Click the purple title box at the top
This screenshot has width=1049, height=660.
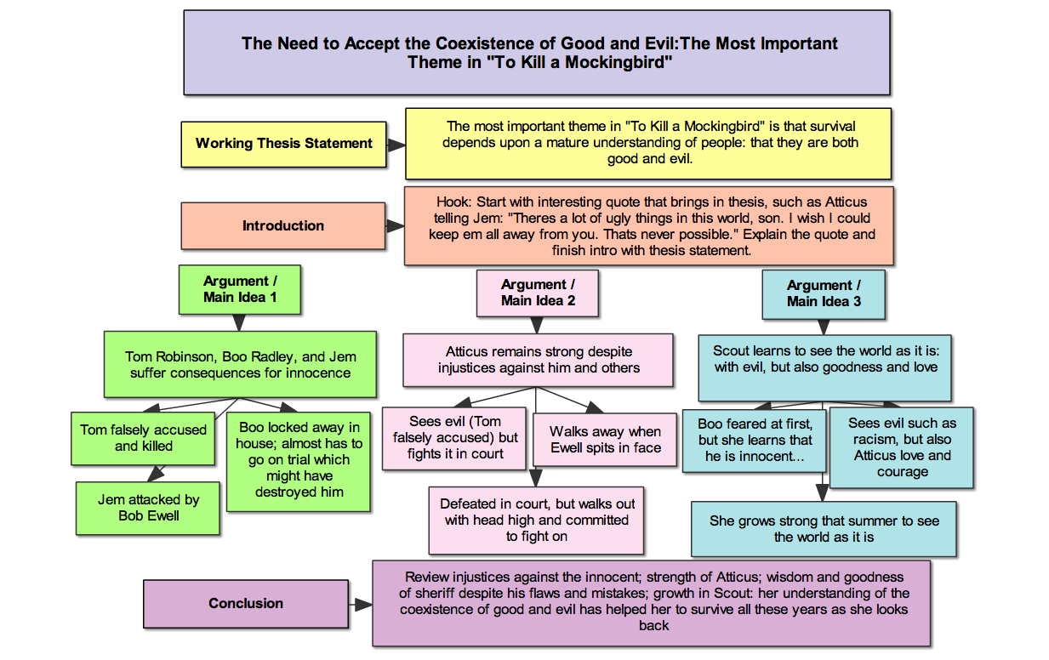click(x=536, y=52)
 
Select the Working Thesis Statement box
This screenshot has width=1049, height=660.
click(x=283, y=144)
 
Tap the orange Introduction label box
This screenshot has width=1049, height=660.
click(x=282, y=225)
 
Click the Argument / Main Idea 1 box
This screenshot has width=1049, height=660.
click(x=240, y=289)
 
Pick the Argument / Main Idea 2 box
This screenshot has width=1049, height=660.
click(x=538, y=293)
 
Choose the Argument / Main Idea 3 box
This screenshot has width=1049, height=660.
click(x=823, y=293)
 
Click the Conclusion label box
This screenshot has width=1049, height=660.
click(x=245, y=603)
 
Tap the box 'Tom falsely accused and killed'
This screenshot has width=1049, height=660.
click(x=143, y=438)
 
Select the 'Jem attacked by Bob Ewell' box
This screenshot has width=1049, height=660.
click(x=148, y=508)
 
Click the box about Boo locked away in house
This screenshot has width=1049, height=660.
click(x=299, y=459)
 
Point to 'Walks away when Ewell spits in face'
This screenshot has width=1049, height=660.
click(x=605, y=440)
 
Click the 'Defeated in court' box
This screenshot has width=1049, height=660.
click(x=536, y=520)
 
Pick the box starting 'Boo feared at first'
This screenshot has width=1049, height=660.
click(x=755, y=440)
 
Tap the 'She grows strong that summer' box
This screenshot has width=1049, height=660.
click(x=824, y=529)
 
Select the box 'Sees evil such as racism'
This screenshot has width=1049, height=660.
click(x=902, y=447)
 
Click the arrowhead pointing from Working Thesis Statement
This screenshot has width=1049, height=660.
click(x=396, y=144)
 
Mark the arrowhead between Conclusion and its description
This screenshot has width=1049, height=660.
click(x=363, y=604)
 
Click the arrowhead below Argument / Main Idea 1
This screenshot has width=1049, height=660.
click(x=239, y=322)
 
